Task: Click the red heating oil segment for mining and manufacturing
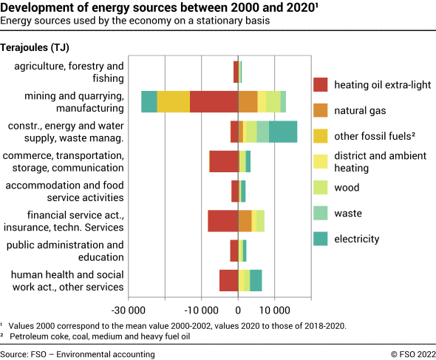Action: point(214,101)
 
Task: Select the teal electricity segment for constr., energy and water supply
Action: point(283,132)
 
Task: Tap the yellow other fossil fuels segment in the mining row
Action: point(174,101)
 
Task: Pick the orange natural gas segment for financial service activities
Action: point(245,220)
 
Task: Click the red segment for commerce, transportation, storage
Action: point(223,161)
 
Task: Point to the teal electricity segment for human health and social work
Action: point(256,280)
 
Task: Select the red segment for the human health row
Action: point(228,280)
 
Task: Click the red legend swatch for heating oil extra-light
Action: point(321,85)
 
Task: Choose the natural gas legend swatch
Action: point(321,111)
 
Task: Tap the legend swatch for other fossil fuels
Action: point(321,136)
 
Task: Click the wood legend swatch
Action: point(321,188)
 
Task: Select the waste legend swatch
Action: point(321,214)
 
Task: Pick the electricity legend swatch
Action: point(321,239)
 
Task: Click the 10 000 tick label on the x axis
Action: point(275,310)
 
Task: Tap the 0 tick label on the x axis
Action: point(238,310)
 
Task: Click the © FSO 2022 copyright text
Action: point(409,354)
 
